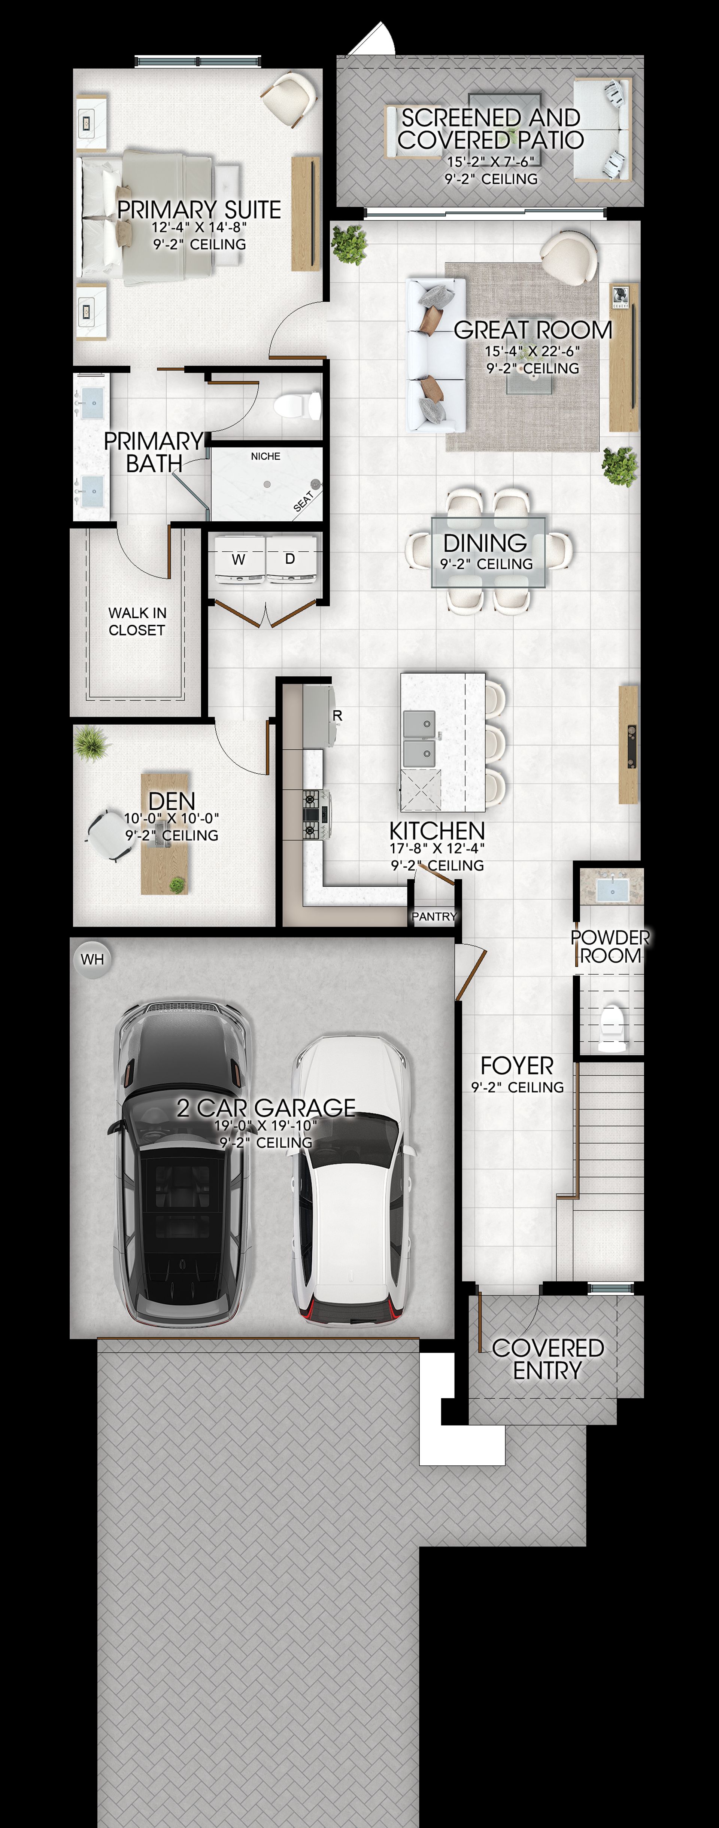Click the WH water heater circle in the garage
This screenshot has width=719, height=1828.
pos(92,959)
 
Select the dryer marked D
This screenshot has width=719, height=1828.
pos(290,559)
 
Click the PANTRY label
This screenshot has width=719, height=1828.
pos(434,916)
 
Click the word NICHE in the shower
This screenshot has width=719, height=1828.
pos(266,456)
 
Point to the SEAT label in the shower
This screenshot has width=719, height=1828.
pos(303,501)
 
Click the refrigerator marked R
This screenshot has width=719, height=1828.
pos(319,715)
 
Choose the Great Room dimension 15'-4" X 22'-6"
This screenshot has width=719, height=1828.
pos(533,351)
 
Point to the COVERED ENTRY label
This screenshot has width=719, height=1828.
pos(548,1359)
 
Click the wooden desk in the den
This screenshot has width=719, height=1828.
pos(165,834)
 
